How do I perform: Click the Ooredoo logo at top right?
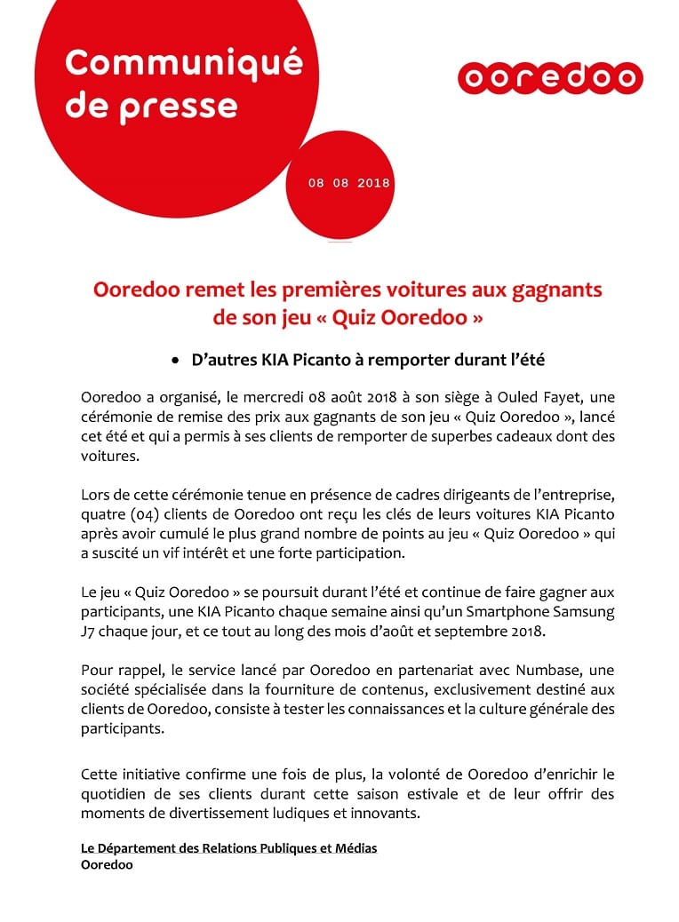[x=550, y=78]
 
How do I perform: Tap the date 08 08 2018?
[x=349, y=183]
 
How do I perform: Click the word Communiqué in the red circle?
[x=184, y=63]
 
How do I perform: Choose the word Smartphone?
[x=504, y=613]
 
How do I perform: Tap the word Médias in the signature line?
[x=356, y=848]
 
